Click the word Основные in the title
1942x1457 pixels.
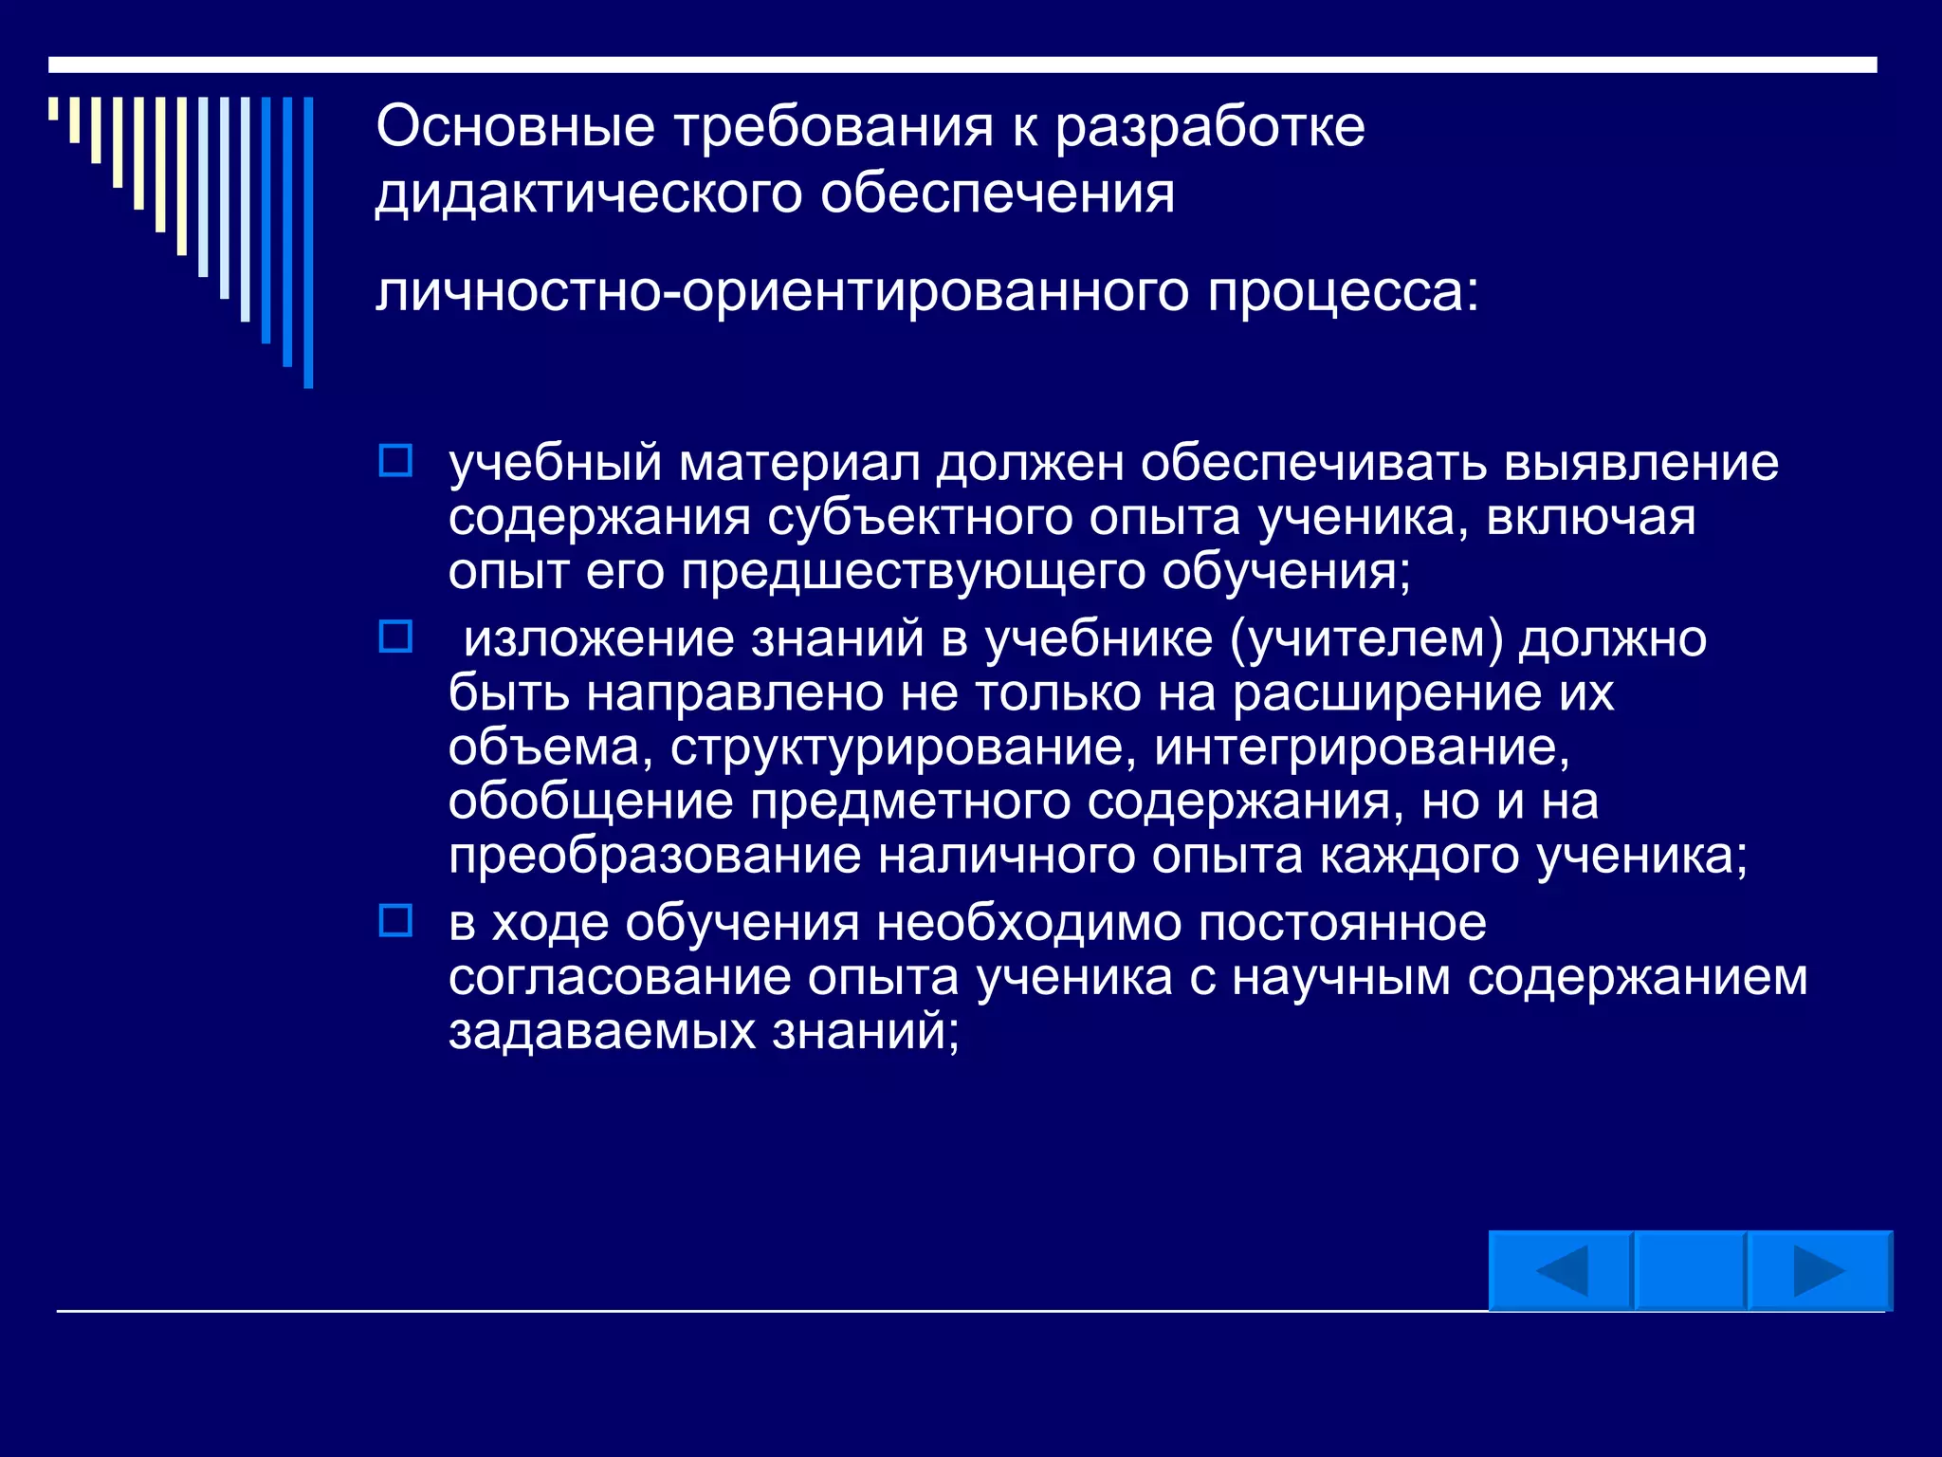pos(515,126)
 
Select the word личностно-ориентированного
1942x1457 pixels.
pos(781,291)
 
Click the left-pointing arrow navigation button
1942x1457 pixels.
pos(1561,1271)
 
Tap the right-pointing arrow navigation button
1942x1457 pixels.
pos(1819,1271)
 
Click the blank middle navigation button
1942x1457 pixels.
pos(1690,1271)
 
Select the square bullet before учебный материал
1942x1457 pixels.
pos(395,461)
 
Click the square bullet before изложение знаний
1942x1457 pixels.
pos(395,636)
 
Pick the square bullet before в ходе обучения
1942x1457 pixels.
pos(395,920)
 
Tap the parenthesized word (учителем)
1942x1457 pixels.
pos(1366,638)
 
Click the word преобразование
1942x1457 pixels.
pos(654,856)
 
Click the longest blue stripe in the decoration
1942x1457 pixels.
pos(308,242)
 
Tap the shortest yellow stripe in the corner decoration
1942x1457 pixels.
pos(54,108)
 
